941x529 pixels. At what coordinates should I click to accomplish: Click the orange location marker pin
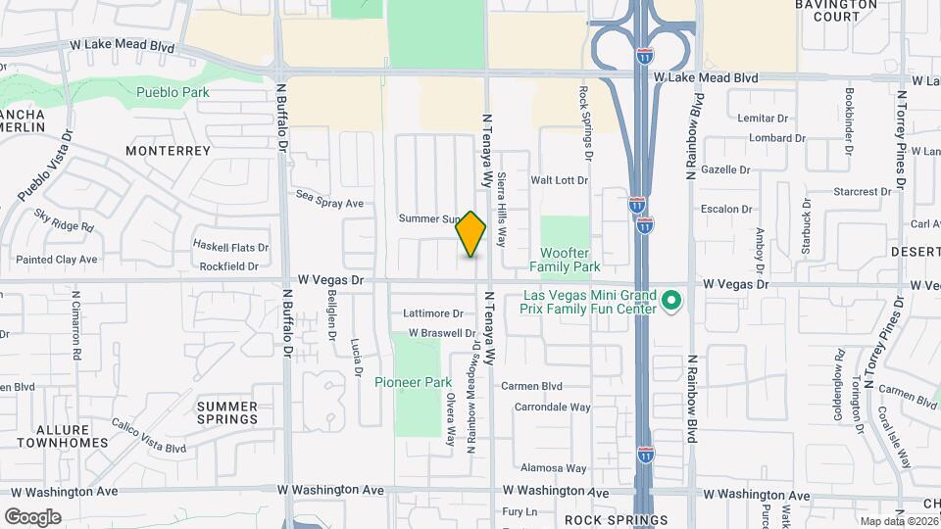pos(471,234)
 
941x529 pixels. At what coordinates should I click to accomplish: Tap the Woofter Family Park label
pos(565,259)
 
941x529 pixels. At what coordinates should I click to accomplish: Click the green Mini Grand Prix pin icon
pos(671,301)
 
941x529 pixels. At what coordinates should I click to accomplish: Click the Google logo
pos(32,517)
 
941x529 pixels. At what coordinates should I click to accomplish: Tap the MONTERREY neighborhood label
pos(169,151)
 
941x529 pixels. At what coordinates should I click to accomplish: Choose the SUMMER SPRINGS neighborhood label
pos(227,412)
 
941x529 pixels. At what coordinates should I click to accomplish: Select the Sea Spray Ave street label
pos(330,204)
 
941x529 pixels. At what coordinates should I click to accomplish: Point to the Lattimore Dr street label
pos(433,313)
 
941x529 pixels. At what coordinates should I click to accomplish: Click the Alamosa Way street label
pos(554,468)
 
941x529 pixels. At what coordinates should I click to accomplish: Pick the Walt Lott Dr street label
pos(559,180)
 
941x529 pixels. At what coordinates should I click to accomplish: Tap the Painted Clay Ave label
pos(57,260)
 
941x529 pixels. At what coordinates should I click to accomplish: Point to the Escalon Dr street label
pos(726,210)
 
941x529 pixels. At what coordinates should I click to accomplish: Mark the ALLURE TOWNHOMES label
pos(72,437)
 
